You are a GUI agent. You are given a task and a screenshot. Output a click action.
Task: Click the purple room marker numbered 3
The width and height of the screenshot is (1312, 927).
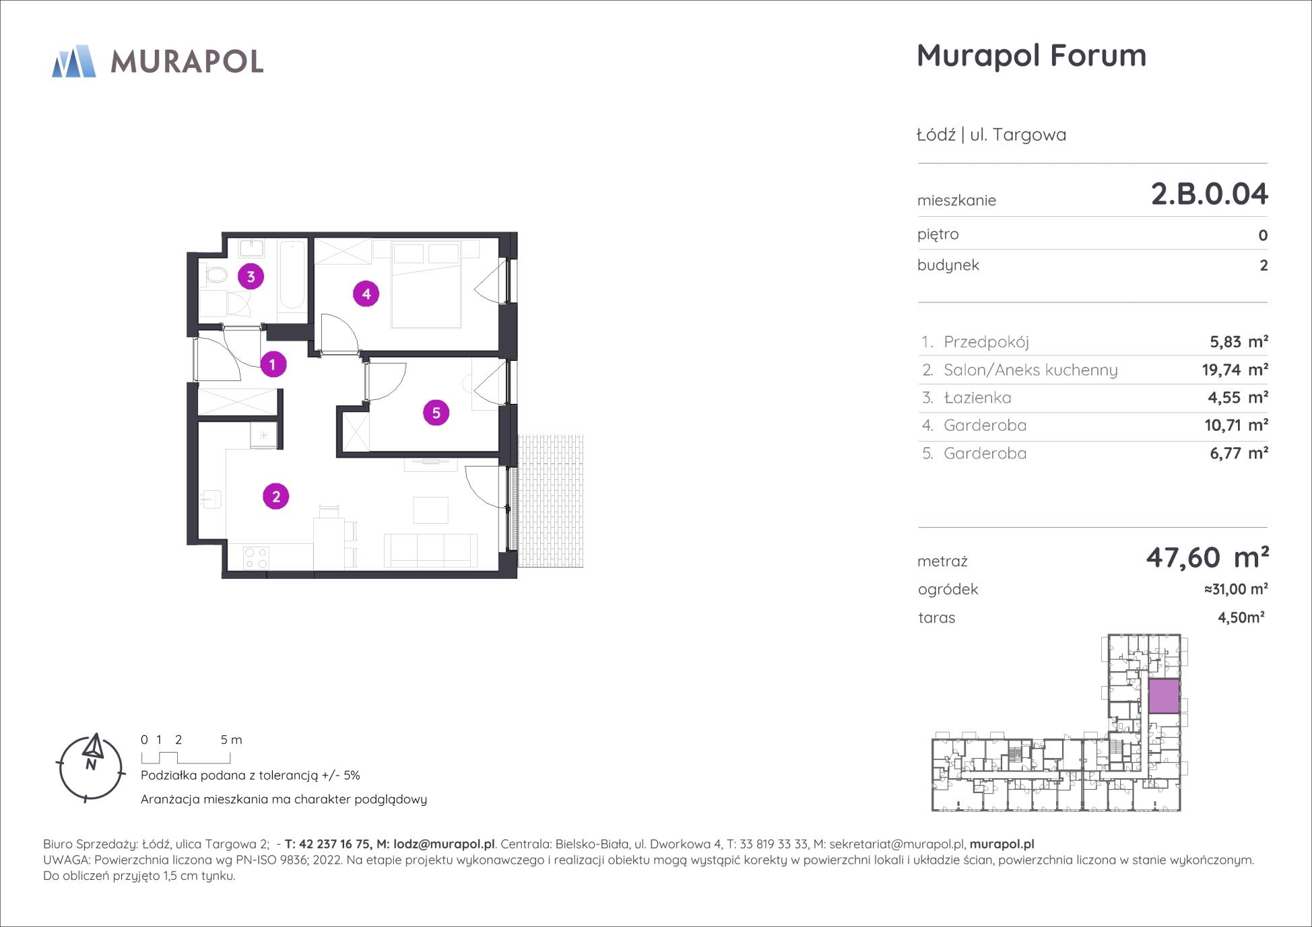pos(251,276)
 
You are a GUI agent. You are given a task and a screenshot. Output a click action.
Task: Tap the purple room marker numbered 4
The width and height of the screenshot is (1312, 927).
pos(366,294)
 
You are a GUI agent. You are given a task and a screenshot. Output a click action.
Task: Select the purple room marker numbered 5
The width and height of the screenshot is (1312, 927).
pos(436,413)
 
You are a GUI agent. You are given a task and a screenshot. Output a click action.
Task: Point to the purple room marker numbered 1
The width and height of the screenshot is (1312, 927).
pos(273,364)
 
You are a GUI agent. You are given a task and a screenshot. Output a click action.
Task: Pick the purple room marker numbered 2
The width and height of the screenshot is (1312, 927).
pos(275,497)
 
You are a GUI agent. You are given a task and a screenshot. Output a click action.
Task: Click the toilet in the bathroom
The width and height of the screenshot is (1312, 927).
pos(215,275)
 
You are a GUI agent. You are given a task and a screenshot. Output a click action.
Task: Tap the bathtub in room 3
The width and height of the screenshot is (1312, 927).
pos(292,275)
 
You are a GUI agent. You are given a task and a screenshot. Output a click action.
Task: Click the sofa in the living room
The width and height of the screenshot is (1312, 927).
pos(430,550)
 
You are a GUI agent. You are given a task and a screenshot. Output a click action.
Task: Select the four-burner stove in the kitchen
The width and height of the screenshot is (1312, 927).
pos(256,557)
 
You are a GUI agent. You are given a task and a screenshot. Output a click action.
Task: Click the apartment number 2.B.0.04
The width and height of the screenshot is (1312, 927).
pos(1209,194)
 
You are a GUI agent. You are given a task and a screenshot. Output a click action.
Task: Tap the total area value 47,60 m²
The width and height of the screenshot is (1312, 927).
pos(1208,557)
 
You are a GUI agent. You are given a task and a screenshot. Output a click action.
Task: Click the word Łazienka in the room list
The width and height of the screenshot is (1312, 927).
pos(977,398)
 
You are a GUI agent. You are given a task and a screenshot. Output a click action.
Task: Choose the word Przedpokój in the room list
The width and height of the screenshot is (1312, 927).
pos(986,342)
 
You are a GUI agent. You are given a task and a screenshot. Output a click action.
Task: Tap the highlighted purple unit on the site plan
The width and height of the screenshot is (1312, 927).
pos(1163,696)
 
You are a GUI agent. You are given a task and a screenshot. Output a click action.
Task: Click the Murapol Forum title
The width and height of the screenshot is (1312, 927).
pos(1031,56)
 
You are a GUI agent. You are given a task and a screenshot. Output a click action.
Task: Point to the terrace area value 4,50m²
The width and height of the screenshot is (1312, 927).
pos(1241,617)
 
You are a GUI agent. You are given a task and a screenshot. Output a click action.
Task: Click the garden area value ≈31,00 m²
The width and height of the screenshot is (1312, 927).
pos(1236,589)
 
